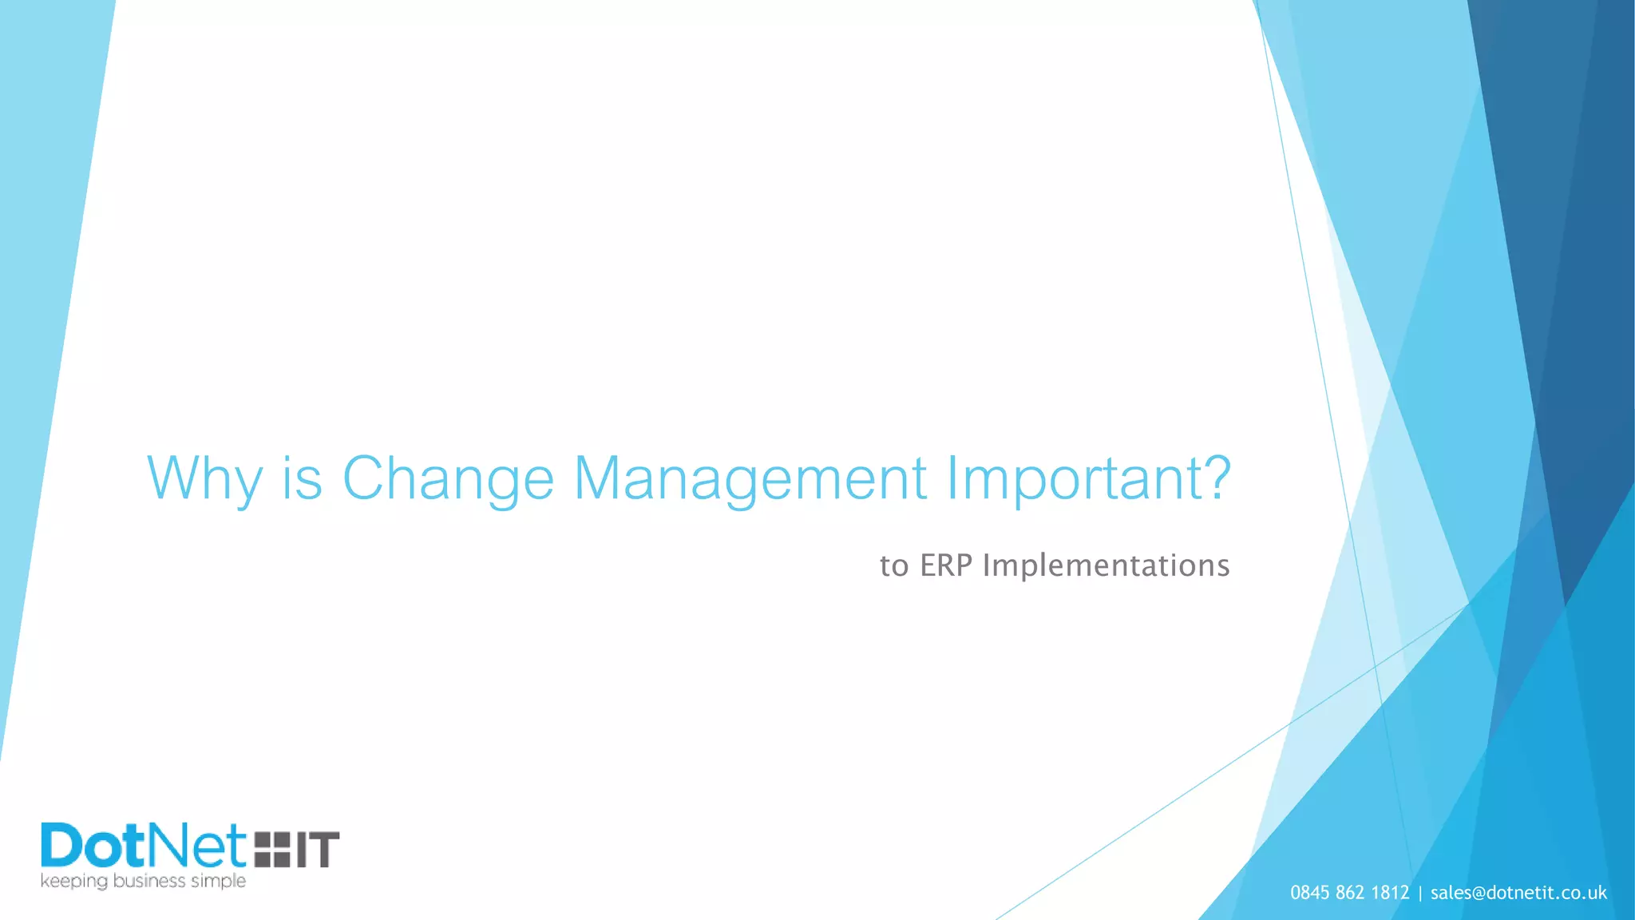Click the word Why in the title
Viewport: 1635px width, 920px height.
(x=204, y=478)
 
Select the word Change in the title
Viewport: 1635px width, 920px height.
(x=448, y=478)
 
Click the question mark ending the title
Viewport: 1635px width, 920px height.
(x=1213, y=476)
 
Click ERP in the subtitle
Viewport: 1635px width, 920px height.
(x=946, y=565)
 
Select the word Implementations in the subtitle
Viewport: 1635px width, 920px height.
(x=1106, y=565)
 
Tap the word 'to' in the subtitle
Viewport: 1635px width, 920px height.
(x=894, y=566)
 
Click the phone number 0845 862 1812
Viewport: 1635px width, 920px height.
(x=1350, y=893)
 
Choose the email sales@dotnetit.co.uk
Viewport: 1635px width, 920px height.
(x=1518, y=893)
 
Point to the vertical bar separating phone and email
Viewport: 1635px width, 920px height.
(x=1420, y=893)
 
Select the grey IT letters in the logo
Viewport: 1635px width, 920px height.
(x=318, y=849)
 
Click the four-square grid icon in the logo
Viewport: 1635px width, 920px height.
(x=272, y=849)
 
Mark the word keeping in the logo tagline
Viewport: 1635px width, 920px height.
(x=73, y=882)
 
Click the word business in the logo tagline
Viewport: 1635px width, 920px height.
(x=149, y=881)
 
